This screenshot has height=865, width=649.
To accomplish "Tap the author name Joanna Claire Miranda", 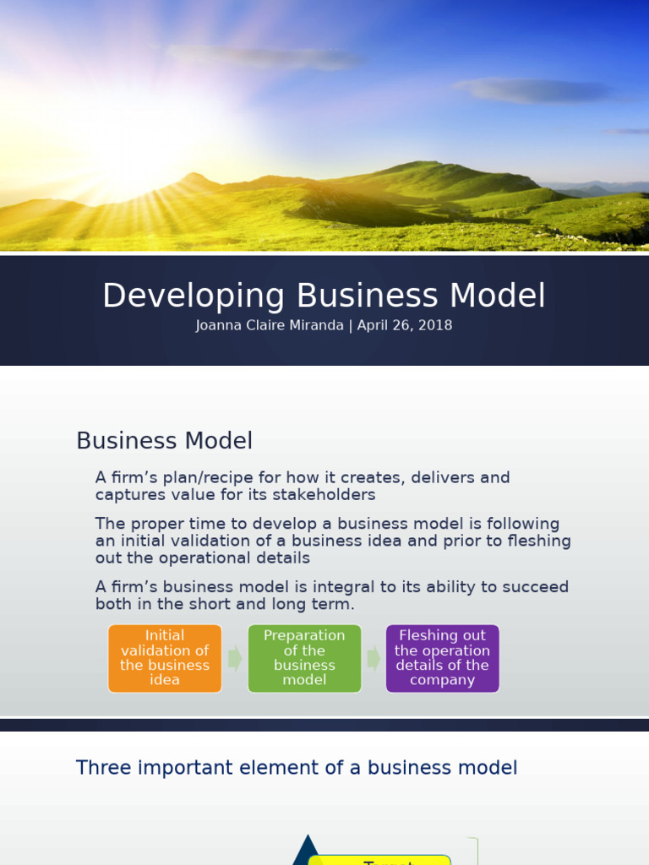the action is click(x=269, y=325).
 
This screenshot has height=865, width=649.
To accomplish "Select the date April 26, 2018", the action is click(x=405, y=325).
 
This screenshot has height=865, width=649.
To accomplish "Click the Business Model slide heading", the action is click(x=164, y=441).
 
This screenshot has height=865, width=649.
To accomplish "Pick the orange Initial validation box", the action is click(x=165, y=658).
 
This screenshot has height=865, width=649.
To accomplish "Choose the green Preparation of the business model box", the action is click(x=304, y=658).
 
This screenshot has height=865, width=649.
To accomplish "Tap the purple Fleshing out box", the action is click(x=442, y=658).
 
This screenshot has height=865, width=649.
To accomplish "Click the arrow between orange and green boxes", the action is click(x=235, y=659).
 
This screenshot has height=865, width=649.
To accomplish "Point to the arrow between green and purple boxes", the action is click(x=374, y=659).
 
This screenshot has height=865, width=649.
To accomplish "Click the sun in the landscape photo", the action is click(x=135, y=144).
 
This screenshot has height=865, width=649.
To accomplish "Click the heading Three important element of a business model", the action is click(x=297, y=768).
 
